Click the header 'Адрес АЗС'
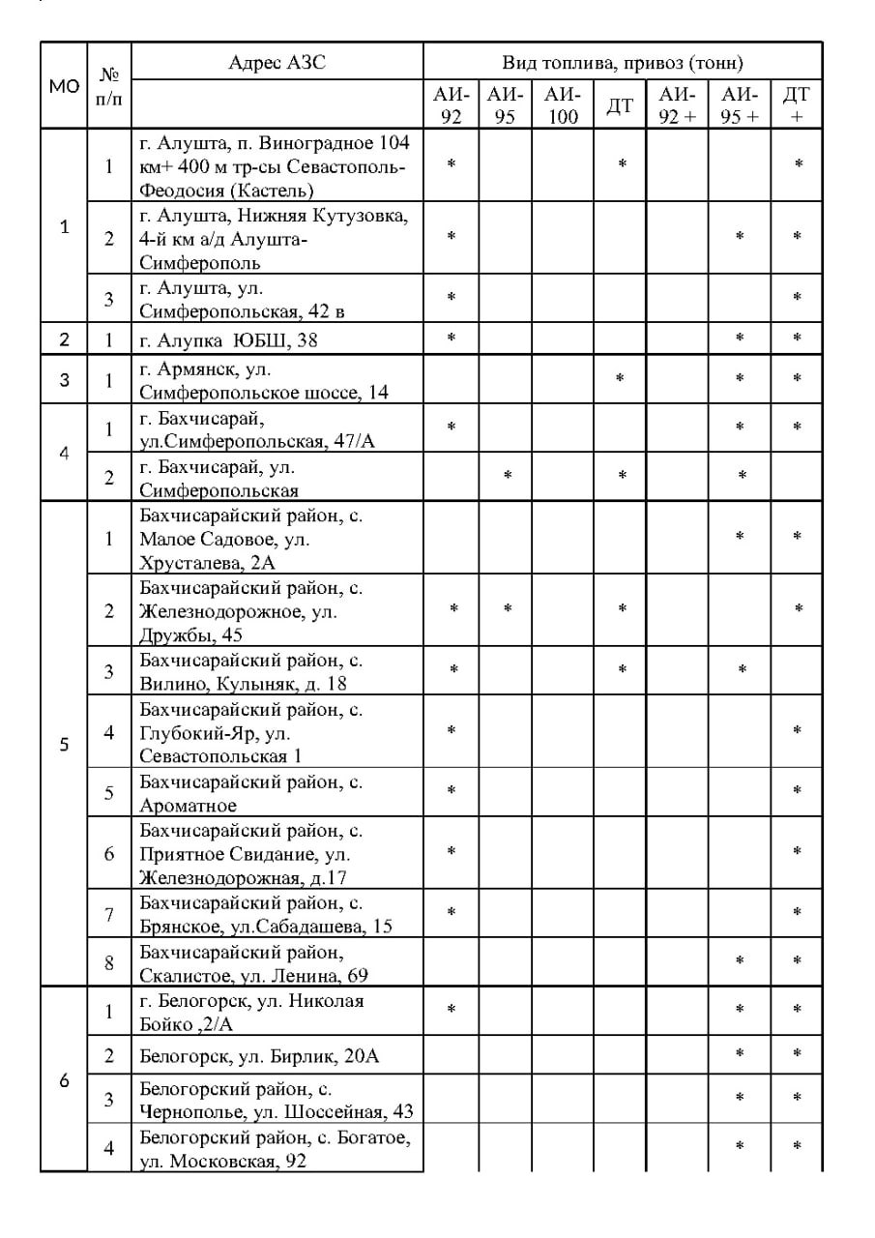click(277, 63)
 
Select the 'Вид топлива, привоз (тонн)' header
click(623, 63)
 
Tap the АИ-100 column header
click(562, 105)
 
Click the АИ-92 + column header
click(677, 105)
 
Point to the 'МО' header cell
click(64, 86)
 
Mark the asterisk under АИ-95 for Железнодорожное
click(508, 609)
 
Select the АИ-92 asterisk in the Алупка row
click(452, 338)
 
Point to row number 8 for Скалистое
click(109, 962)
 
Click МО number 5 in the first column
click(64, 745)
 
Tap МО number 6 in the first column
click(64, 1080)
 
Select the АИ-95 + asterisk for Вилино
click(743, 669)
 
